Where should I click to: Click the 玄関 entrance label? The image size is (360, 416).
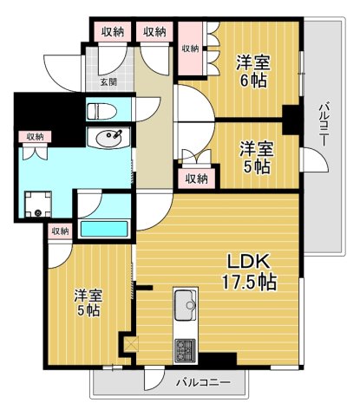[x=108, y=82]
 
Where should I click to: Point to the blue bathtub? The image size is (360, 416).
[x=103, y=230]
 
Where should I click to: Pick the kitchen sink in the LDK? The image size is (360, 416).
[x=186, y=306]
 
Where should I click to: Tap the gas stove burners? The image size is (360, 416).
[x=186, y=349]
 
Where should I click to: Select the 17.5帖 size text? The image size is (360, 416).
[x=250, y=283]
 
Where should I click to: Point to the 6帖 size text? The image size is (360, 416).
[x=255, y=81]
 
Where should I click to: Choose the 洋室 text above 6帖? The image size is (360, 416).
[x=255, y=61]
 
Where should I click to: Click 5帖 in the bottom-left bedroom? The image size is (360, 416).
[x=87, y=310]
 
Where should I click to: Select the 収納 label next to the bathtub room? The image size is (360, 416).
[x=59, y=231]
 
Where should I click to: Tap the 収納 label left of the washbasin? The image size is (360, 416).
[x=35, y=136]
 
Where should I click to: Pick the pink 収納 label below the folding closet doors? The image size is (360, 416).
[x=196, y=179]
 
